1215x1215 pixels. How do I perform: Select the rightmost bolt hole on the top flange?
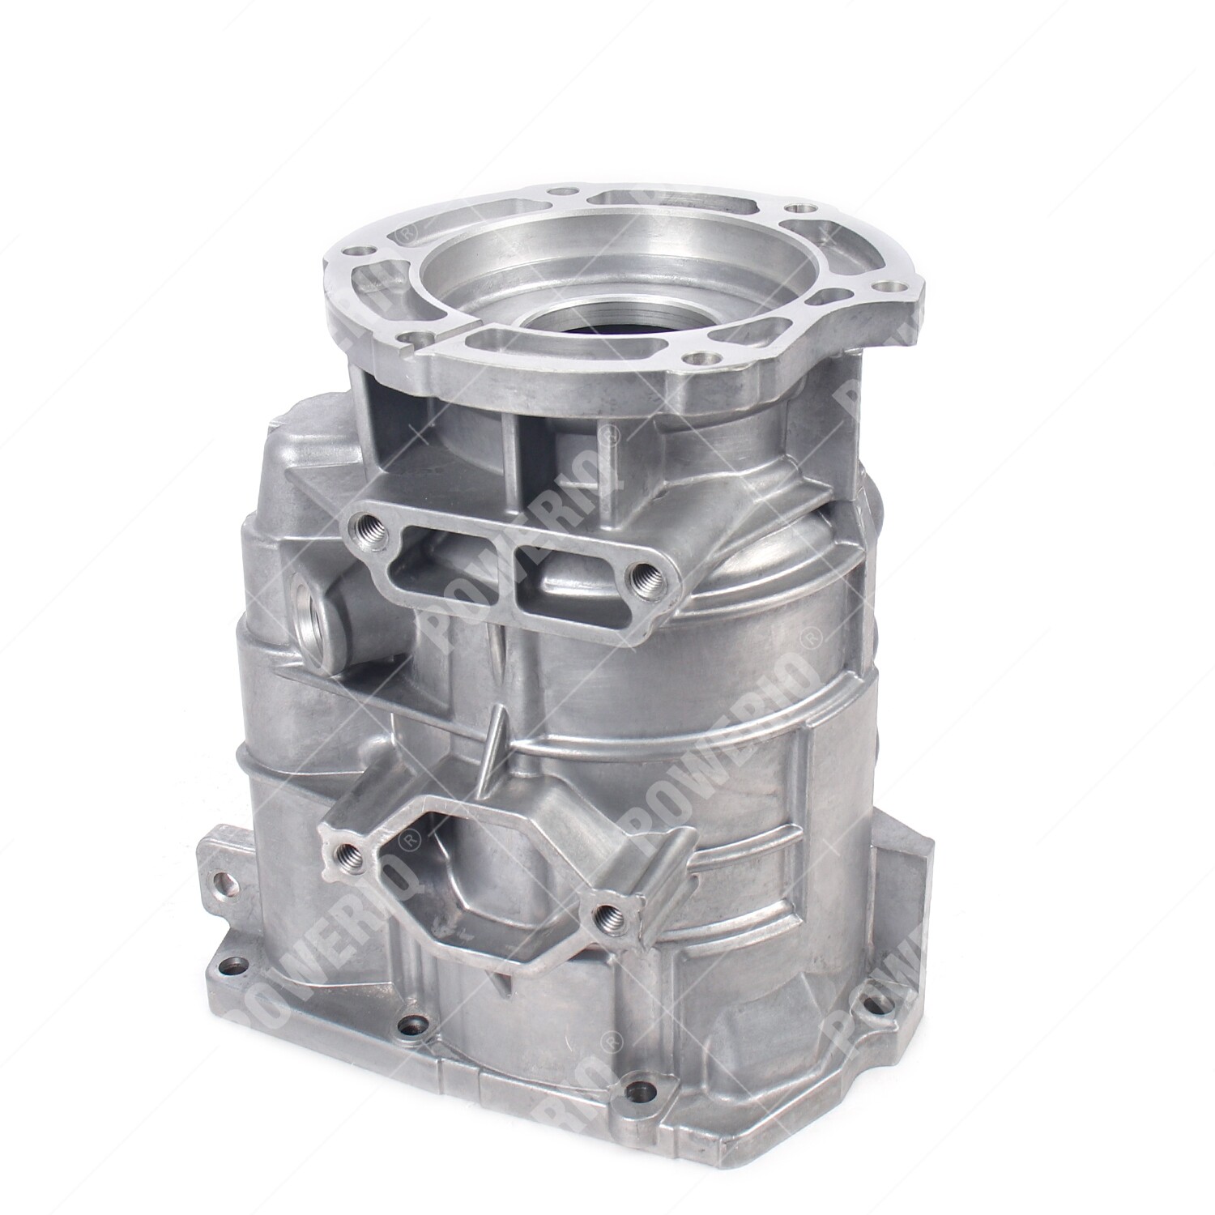(889, 285)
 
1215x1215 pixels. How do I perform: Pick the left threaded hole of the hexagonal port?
(350, 850)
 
